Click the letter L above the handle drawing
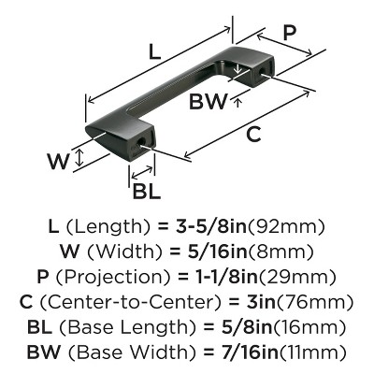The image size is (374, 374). pos(155,53)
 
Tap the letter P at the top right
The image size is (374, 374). pos(292,31)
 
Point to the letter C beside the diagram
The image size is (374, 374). pos(253,134)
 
